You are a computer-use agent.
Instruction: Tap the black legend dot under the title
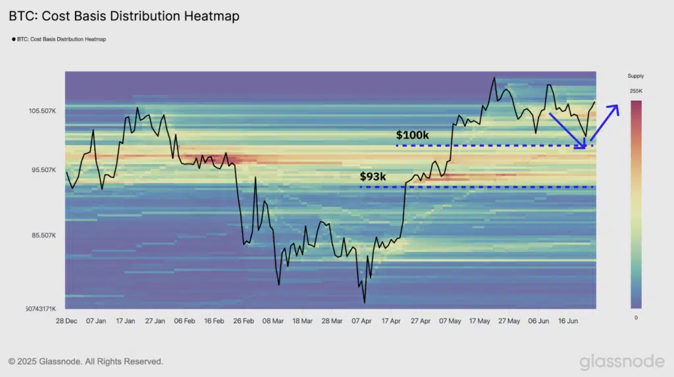[14, 40]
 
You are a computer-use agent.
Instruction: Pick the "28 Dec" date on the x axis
[66, 322]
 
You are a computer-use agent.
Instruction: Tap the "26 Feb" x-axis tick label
[244, 322]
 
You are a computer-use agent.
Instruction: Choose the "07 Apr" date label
[362, 322]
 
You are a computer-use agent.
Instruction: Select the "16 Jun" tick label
[567, 322]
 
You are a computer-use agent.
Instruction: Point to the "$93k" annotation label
[373, 177]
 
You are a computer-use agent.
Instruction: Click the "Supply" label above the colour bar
[636, 76]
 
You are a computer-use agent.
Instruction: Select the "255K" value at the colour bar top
[636, 91]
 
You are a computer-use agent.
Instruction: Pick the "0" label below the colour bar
[636, 318]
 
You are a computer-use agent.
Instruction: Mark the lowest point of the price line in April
[364, 303]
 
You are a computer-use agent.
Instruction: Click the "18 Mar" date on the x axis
[303, 322]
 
